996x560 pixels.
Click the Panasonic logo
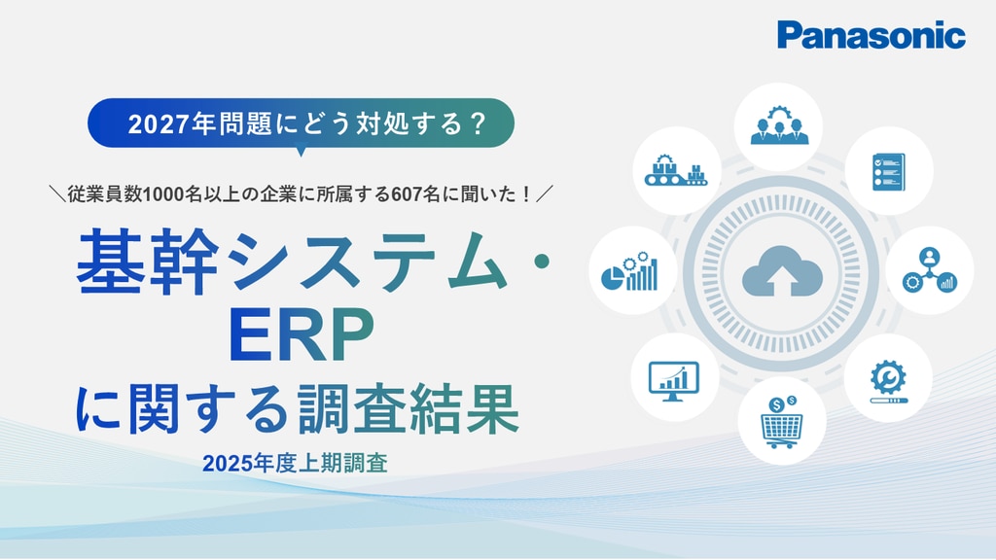pos(871,35)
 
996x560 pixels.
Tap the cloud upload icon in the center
pos(782,271)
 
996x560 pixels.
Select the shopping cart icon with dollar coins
pos(781,422)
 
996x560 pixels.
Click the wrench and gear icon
pos(888,381)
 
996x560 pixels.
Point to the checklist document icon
pos(888,171)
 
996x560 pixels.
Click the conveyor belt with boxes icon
pos(676,170)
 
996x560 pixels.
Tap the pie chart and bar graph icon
pos(629,272)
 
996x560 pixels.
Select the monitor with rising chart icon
pos(673,381)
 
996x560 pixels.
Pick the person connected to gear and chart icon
pos(929,270)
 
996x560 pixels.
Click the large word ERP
pos(302,335)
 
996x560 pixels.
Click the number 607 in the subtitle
pos(408,194)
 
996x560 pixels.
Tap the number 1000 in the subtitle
pos(165,194)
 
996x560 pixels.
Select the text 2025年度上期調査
pos(296,464)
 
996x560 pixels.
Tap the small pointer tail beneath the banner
pos(302,152)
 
